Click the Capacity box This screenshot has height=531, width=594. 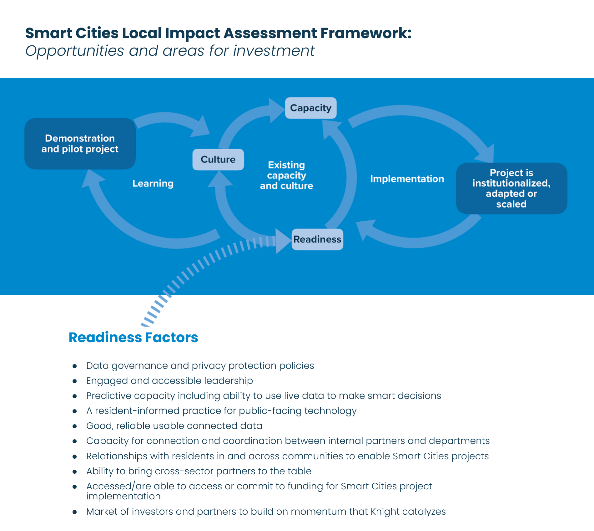[x=311, y=108]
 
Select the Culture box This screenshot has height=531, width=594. [x=218, y=160]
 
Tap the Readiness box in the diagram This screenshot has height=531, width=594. [x=317, y=240]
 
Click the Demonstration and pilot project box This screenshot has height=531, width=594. [x=80, y=144]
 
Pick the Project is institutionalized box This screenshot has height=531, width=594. [x=511, y=188]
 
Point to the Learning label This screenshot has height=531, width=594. [x=153, y=183]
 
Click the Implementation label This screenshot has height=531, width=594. [x=407, y=179]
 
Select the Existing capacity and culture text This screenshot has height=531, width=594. [x=286, y=175]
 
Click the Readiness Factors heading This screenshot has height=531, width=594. [x=133, y=338]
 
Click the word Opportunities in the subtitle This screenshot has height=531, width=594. [x=75, y=51]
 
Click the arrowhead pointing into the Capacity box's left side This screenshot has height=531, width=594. [x=276, y=111]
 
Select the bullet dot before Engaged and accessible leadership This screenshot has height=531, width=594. [x=75, y=381]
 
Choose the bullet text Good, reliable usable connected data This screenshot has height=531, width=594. [x=174, y=426]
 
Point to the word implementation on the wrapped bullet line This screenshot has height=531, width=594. [x=123, y=496]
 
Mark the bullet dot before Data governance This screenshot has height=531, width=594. [x=75, y=366]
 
